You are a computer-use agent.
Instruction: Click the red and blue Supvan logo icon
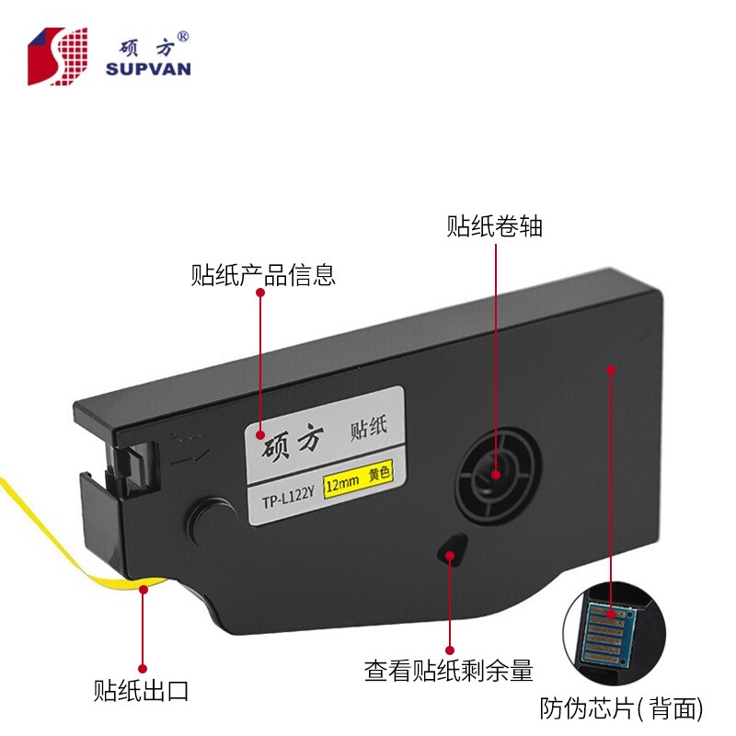coord(58,56)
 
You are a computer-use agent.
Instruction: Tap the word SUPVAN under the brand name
coord(148,69)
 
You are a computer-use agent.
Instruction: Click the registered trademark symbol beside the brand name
coord(183,36)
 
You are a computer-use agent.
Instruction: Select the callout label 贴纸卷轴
coord(494,226)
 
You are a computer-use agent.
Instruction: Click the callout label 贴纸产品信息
coord(263,275)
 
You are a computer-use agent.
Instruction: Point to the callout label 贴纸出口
coord(141,691)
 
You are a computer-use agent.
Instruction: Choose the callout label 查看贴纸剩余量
coord(449,671)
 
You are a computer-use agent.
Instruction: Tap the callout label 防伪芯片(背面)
coord(621,708)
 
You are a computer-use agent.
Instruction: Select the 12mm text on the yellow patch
coord(342,481)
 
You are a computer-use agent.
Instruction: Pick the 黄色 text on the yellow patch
coord(379,472)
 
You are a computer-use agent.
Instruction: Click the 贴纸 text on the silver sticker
coord(369,428)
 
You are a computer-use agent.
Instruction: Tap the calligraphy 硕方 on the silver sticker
coord(293,442)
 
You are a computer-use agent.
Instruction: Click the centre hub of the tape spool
coord(494,473)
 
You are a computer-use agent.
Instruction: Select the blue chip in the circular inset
coord(607,630)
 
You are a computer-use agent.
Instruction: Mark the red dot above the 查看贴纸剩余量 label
coord(450,650)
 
